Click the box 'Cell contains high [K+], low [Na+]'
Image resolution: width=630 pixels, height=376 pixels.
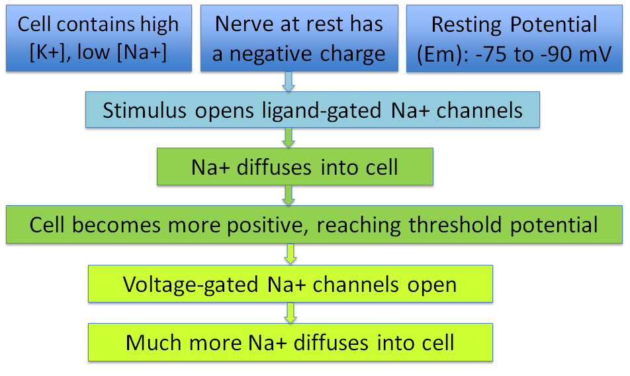pos(99,38)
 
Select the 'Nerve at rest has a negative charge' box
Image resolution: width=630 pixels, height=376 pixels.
pos(299,38)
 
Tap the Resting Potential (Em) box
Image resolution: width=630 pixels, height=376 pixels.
pos(514,38)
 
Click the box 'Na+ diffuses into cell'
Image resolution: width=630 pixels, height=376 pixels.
pos(295,167)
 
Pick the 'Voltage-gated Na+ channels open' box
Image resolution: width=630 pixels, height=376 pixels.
pos(291,283)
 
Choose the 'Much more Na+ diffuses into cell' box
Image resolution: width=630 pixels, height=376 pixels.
pos(291,342)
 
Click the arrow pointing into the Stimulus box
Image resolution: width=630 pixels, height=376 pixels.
pos(289,82)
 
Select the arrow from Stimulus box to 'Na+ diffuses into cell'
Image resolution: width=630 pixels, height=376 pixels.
pos(289,138)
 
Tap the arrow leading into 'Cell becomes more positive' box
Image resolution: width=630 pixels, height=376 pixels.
pos(289,195)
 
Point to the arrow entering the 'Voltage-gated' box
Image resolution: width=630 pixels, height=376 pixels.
pos(291,254)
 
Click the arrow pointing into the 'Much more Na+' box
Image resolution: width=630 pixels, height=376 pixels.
pos(291,313)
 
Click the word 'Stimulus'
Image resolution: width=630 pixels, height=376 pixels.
pos(144,111)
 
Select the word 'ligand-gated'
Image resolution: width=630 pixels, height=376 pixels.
pos(322,111)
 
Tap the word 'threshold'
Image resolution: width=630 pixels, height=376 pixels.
pos(455,224)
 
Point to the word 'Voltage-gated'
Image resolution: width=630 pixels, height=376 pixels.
pos(191,285)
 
